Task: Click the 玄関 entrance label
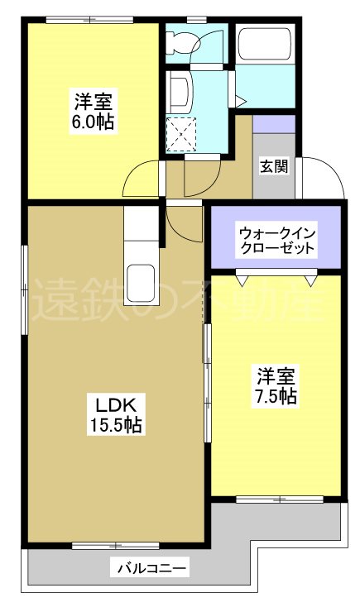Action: click(x=274, y=166)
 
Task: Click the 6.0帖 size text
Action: click(x=92, y=122)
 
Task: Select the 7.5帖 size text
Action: click(x=276, y=395)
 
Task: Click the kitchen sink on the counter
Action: click(x=140, y=279)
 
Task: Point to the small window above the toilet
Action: click(x=196, y=19)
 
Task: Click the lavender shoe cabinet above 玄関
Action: click(x=274, y=124)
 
